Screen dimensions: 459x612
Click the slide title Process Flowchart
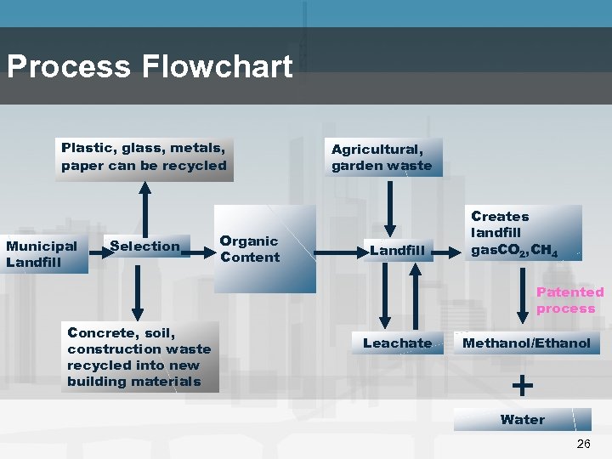[150, 66]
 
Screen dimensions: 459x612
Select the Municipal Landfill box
[43, 254]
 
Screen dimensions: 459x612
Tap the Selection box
[145, 246]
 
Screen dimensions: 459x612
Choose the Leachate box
[397, 343]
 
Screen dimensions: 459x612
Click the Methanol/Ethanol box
[526, 343]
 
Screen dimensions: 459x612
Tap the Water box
[522, 419]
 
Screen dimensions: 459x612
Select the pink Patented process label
[569, 300]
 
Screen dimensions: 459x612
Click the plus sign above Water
[523, 385]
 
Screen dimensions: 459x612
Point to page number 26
[582, 445]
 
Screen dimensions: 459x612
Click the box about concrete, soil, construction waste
[141, 357]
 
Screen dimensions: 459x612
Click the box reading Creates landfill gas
[524, 233]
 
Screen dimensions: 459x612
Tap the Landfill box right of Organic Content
[397, 250]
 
